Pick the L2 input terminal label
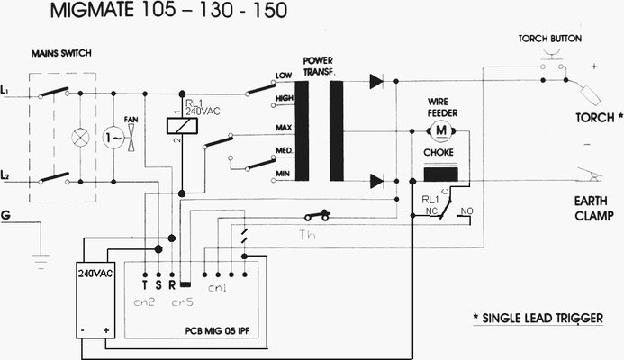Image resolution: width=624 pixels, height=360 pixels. (x=7, y=173)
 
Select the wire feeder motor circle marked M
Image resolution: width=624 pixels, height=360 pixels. (x=441, y=132)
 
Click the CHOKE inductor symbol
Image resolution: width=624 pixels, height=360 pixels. (x=442, y=174)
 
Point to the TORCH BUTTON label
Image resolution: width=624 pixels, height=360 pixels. (x=549, y=40)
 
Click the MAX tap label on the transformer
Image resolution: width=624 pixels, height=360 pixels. (x=284, y=128)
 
